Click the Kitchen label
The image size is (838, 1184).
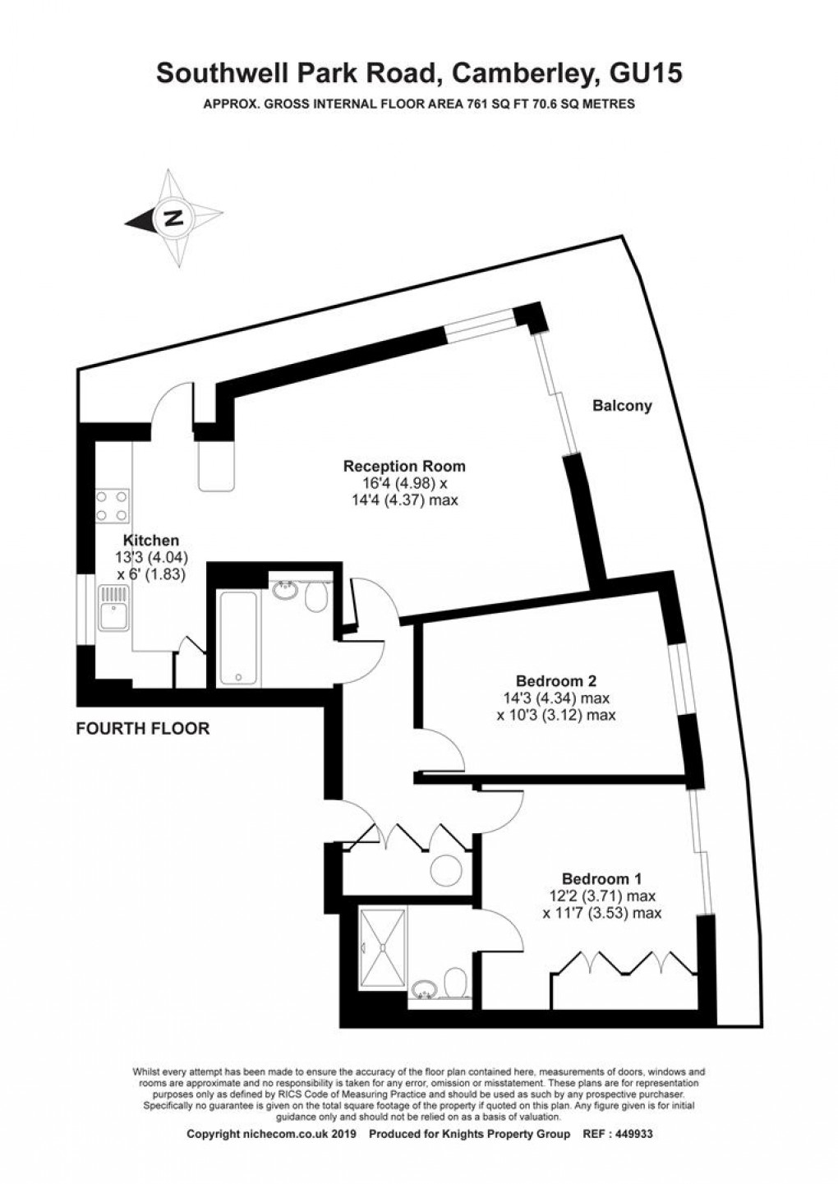point(150,540)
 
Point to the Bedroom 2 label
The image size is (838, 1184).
point(555,681)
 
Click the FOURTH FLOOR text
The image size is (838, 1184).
point(142,728)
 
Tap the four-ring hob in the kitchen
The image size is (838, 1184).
point(113,506)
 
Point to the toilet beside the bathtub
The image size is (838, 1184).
point(315,597)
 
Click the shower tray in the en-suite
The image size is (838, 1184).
point(381,946)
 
